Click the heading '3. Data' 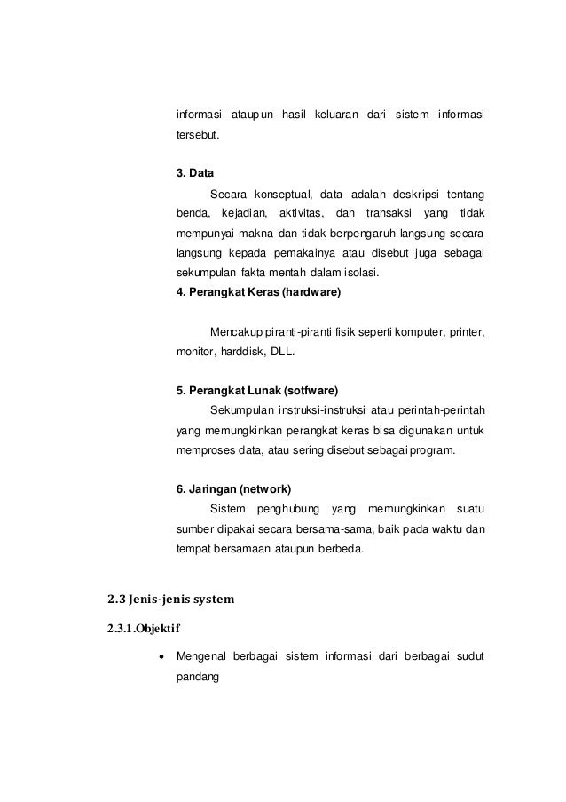[195, 172]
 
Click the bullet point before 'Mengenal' [159, 656]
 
